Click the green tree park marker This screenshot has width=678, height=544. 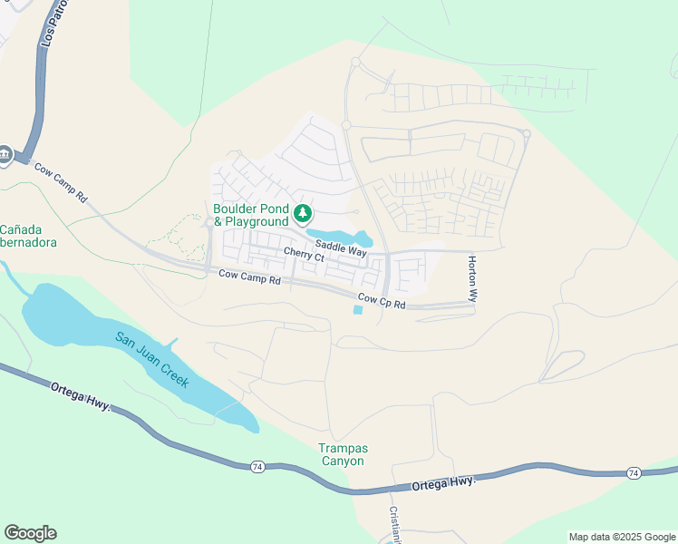pos(303,214)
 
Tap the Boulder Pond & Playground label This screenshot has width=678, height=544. pos(250,213)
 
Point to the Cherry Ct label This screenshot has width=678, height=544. pos(304,256)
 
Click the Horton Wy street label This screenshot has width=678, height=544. pos(472,278)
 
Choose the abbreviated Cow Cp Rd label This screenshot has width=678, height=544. pos(382,300)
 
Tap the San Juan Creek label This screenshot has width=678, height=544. pos(152,360)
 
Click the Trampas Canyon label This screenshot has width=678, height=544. pos(342,454)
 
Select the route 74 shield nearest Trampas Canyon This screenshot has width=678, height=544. pos(258,466)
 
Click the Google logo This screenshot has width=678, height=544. pos(30,533)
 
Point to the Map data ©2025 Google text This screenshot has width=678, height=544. pos(622,537)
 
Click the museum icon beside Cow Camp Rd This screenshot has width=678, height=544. pos(4,155)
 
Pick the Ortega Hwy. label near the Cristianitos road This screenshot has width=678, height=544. pos(444,483)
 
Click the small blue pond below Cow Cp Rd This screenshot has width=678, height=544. pos(357,310)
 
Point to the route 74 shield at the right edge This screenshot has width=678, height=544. pos(634,473)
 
